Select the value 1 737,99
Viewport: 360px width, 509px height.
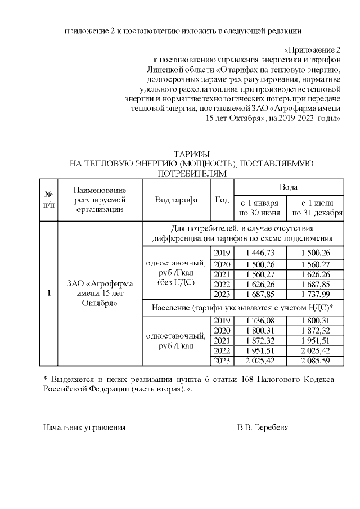[x=315, y=294]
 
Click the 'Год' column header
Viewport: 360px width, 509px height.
[x=222, y=200]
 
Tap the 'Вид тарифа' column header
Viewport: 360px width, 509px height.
[x=176, y=200]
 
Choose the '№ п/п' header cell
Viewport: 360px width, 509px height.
[x=48, y=200]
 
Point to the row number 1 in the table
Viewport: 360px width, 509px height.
[x=48, y=293]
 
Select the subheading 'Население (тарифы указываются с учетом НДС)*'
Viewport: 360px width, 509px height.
[x=243, y=307]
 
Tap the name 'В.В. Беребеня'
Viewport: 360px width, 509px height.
[x=262, y=427]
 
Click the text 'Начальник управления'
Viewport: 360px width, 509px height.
[x=84, y=427]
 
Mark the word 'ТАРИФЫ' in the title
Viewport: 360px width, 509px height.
[x=191, y=154]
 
